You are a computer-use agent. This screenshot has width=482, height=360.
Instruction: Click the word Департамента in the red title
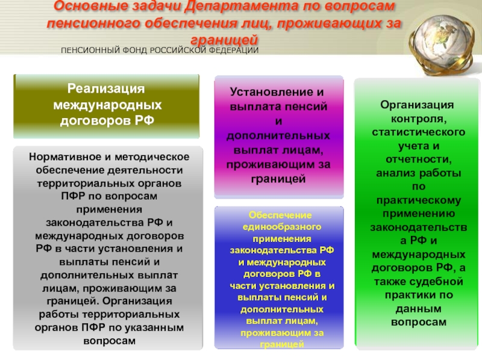pyautogui.click(x=242, y=6)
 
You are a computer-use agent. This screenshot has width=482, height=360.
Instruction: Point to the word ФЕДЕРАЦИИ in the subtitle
pyautogui.click(x=234, y=51)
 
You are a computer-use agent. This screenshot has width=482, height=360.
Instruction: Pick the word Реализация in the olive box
pyautogui.click(x=106, y=88)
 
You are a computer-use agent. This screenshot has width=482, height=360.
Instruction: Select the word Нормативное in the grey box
pyautogui.click(x=66, y=157)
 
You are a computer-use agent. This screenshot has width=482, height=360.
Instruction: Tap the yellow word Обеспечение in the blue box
pyautogui.click(x=280, y=215)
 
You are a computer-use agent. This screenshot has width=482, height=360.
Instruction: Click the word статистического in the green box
pyautogui.click(x=419, y=132)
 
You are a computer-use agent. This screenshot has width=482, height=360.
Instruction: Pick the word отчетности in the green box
pyautogui.click(x=417, y=159)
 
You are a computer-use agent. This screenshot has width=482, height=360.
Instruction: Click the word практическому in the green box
pyautogui.click(x=419, y=200)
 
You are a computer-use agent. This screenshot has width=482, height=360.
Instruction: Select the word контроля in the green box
pyautogui.click(x=417, y=119)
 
